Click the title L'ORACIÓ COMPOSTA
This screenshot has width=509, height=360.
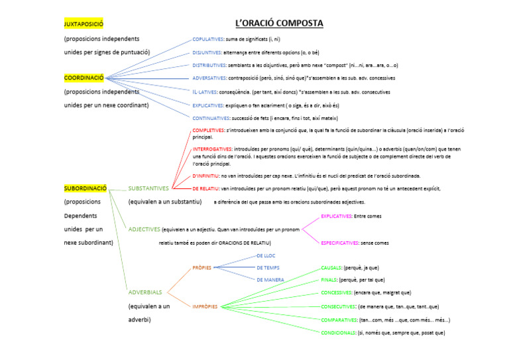[279, 24]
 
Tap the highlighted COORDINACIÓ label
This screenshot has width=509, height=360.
[84, 78]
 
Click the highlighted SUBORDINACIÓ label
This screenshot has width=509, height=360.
[85, 188]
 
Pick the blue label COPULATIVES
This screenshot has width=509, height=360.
[207, 39]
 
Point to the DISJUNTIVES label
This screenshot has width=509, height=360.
[207, 52]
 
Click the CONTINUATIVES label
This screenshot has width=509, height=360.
[211, 117]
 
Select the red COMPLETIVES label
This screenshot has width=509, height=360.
[208, 130]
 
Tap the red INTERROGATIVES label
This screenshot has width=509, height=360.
[212, 149]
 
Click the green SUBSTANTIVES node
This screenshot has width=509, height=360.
[148, 188]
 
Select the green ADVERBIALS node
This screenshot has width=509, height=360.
[145, 292]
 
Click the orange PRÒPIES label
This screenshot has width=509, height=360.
[201, 268]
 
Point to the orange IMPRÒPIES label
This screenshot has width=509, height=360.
[205, 306]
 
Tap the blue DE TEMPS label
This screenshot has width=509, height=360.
[268, 267]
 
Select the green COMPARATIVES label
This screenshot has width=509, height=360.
[339, 320]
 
